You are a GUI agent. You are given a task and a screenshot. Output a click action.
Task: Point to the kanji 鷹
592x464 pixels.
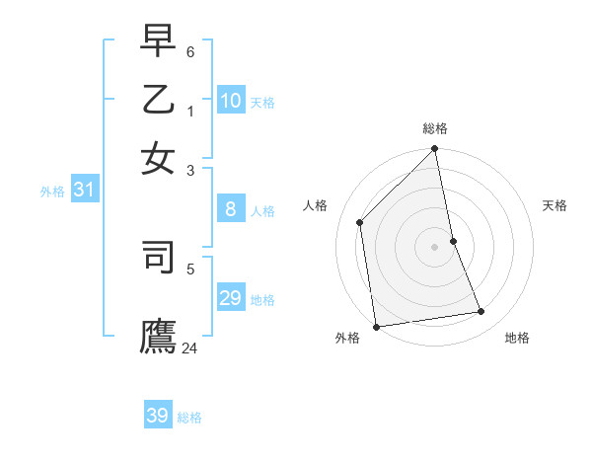pyautogui.click(x=158, y=336)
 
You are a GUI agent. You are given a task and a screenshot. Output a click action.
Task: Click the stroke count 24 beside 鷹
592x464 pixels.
pyautogui.click(x=190, y=348)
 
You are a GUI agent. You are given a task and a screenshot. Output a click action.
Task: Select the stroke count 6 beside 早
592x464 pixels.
pyautogui.click(x=190, y=50)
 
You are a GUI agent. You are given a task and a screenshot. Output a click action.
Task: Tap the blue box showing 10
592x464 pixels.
pyautogui.click(x=231, y=100)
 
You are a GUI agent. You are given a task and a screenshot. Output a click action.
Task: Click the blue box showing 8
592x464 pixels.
pyautogui.click(x=231, y=208)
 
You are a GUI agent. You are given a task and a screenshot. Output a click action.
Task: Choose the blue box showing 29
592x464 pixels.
pyautogui.click(x=231, y=298)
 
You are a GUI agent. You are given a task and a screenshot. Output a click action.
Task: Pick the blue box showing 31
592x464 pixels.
pyautogui.click(x=84, y=190)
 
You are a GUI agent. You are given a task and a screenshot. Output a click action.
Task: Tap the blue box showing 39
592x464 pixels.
pyautogui.click(x=158, y=416)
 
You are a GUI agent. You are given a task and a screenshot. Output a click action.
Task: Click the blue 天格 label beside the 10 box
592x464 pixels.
pyautogui.click(x=262, y=102)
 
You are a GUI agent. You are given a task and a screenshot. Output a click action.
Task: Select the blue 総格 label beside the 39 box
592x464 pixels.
pyautogui.click(x=189, y=418)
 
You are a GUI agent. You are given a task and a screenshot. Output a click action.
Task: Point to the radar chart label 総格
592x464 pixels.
pyautogui.click(x=435, y=128)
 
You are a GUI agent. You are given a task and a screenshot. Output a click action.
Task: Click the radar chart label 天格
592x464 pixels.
pyautogui.click(x=555, y=205)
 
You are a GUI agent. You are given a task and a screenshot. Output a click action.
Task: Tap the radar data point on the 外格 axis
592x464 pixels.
pyautogui.click(x=376, y=327)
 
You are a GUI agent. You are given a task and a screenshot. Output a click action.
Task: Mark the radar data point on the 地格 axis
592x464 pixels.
pyautogui.click(x=481, y=312)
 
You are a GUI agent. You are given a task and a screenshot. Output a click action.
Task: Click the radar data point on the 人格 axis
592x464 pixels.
pyautogui.click(x=360, y=222)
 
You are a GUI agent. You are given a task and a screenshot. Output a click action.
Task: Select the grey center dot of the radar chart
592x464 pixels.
pyautogui.click(x=435, y=247)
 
